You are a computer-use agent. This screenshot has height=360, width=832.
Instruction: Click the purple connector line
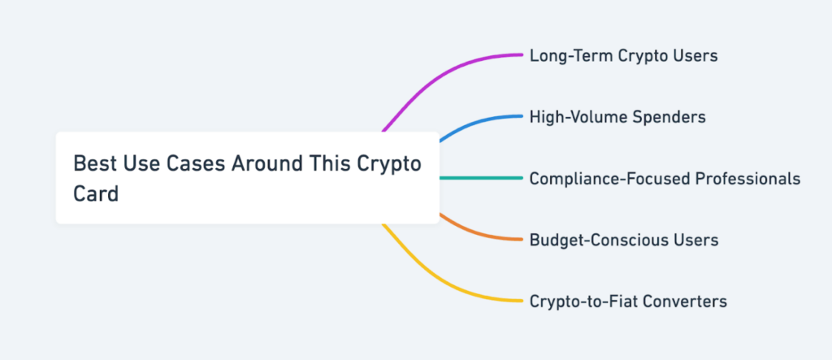pos(439,76)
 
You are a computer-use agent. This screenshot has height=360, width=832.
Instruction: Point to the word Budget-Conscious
pos(595,240)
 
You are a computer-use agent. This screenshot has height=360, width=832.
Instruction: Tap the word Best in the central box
pos(91,163)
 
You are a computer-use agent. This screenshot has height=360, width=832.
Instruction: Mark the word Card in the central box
pos(96,194)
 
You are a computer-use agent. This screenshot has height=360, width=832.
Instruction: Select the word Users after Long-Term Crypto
pos(695,56)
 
